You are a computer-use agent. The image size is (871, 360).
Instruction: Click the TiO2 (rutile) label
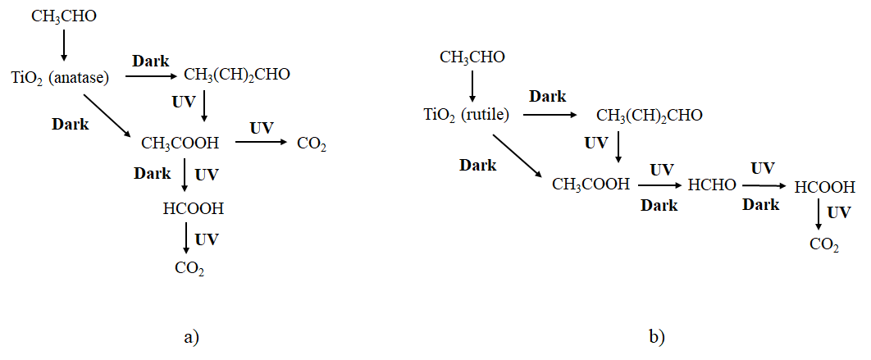point(467,116)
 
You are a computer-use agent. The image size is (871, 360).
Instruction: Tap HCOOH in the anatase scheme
point(194,208)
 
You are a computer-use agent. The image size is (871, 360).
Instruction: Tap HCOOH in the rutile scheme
point(825,187)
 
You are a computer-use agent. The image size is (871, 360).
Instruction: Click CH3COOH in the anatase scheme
point(180,144)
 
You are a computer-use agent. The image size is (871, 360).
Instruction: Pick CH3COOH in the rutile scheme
point(591,185)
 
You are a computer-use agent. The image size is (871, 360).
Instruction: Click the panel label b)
point(657,336)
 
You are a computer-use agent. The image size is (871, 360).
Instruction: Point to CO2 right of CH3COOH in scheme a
point(312,145)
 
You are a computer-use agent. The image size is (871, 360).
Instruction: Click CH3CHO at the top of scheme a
point(64,16)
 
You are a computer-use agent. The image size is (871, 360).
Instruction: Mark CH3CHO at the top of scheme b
point(472,57)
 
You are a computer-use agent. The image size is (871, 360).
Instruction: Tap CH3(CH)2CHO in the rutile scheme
point(649,115)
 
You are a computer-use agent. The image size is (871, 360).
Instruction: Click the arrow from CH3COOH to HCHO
point(659,186)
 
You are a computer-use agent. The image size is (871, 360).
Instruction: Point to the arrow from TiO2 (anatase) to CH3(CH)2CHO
point(152,76)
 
